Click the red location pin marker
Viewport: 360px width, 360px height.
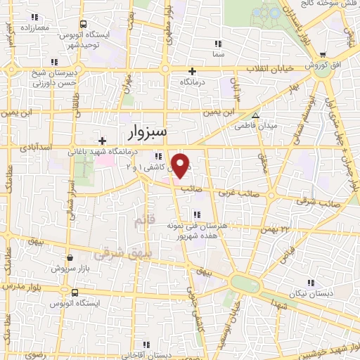[x=181, y=165]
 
